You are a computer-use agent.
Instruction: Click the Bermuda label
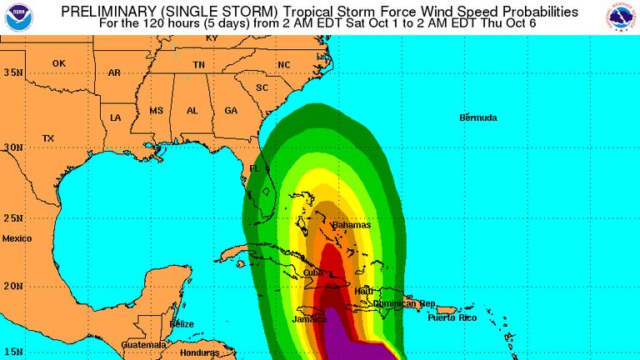(x=478, y=117)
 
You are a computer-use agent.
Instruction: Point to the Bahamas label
(x=351, y=225)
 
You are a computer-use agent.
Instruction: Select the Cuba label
(x=313, y=272)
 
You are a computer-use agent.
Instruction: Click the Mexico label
(x=16, y=238)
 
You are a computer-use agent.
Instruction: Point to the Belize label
(x=182, y=323)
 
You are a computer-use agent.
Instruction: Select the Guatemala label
(x=143, y=344)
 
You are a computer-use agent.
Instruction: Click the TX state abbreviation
(x=47, y=138)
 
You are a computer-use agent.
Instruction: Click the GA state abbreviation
(x=231, y=111)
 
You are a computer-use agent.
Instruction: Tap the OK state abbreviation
(x=58, y=63)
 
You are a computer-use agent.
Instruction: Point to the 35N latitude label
(x=12, y=72)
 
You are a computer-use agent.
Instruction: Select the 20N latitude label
(x=12, y=286)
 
